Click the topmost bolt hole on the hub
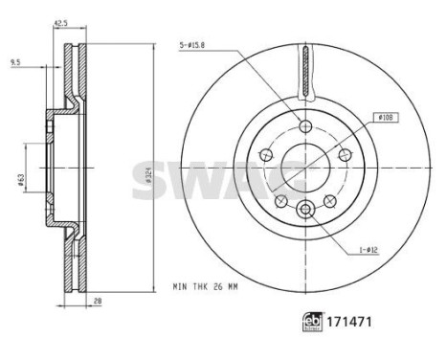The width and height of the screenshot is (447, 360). click(304, 128)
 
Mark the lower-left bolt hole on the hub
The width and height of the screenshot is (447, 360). click(280, 200)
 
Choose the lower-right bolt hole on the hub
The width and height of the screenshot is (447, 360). click(328, 200)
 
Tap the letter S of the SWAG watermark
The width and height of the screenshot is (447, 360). click(150, 178)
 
